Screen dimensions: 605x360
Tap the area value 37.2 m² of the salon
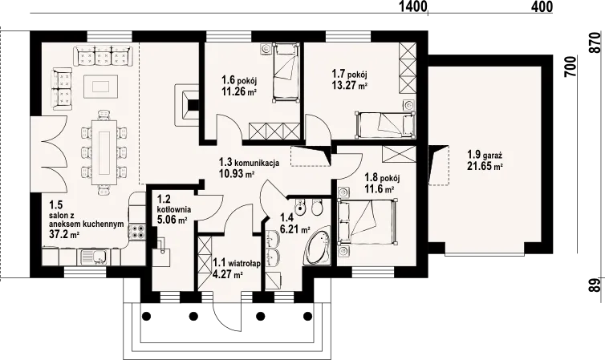pyautogui.click(x=64, y=233)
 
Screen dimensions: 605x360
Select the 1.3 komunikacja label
pyautogui.click(x=249, y=163)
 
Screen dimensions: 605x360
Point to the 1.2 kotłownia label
pyautogui.click(x=174, y=204)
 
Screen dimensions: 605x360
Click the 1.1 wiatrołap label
pyautogui.click(x=237, y=264)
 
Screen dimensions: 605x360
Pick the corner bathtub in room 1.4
pyautogui.click(x=318, y=246)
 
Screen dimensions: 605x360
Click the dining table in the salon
pyautogui.click(x=104, y=152)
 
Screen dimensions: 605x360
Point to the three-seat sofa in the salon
pyautogui.click(x=103, y=55)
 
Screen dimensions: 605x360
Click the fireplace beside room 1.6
pyautogui.click(x=187, y=104)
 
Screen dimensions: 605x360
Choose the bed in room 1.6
pyautogui.click(x=286, y=72)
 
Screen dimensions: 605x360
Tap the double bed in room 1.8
pyautogui.click(x=367, y=221)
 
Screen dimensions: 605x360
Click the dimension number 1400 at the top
pyautogui.click(x=413, y=6)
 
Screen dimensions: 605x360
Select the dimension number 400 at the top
pyautogui.click(x=542, y=6)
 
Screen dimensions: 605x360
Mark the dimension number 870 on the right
pyautogui.click(x=597, y=43)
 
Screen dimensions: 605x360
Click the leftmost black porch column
pyautogui.click(x=146, y=316)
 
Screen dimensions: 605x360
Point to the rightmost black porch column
pyautogui.click(x=307, y=316)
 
